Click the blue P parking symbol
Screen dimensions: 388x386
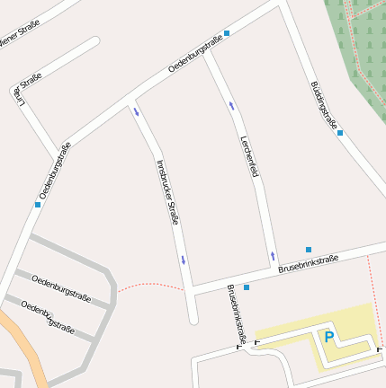pyautogui.click(x=328, y=338)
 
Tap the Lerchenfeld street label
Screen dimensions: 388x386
pyautogui.click(x=248, y=155)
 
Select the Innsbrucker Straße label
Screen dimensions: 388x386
pyautogui.click(x=167, y=191)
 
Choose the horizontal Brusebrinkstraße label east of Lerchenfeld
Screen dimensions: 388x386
pyautogui.click(x=308, y=264)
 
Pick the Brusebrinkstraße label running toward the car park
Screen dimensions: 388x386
pyautogui.click(x=237, y=314)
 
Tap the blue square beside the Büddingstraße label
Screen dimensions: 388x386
pyautogui.click(x=340, y=133)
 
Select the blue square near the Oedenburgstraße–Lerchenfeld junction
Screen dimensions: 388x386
pyautogui.click(x=227, y=33)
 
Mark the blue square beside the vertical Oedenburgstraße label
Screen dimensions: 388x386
pyautogui.click(x=38, y=205)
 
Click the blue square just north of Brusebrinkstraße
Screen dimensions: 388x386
pyautogui.click(x=309, y=249)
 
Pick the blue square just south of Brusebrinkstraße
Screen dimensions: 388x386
pyautogui.click(x=247, y=287)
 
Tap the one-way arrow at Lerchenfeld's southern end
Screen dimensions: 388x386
pyautogui.click(x=273, y=256)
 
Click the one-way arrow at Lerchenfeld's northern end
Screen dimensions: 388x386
pyautogui.click(x=231, y=106)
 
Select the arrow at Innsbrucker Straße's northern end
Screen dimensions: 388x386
pyautogui.click(x=137, y=112)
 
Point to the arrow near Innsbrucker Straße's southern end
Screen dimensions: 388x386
pyautogui.click(x=184, y=260)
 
